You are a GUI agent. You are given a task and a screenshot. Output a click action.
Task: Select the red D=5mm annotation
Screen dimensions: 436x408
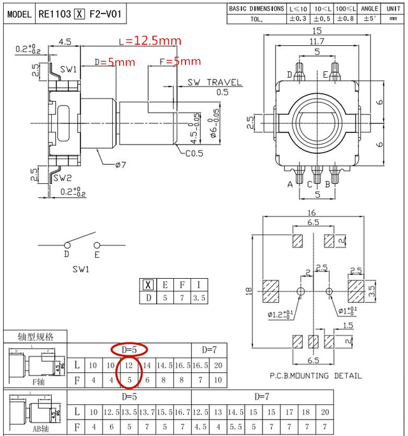(x=115, y=62)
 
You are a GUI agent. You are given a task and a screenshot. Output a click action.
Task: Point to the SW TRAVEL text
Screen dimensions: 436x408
(x=215, y=83)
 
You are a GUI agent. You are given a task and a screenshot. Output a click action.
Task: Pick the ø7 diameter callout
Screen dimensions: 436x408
(x=120, y=165)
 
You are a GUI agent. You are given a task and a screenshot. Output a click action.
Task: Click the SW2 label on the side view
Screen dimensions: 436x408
(x=61, y=178)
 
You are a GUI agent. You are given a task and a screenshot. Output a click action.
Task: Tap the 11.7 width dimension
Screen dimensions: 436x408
(x=316, y=41)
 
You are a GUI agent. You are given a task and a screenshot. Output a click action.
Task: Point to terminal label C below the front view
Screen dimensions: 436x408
(x=309, y=185)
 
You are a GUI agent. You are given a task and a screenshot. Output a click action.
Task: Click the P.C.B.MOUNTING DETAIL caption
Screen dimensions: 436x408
(x=316, y=376)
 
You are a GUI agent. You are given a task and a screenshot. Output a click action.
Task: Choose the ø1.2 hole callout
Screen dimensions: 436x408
(x=280, y=314)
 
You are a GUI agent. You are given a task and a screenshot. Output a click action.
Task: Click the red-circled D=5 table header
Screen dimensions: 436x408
(x=129, y=349)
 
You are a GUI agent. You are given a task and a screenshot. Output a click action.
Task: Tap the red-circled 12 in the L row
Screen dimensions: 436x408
(x=129, y=365)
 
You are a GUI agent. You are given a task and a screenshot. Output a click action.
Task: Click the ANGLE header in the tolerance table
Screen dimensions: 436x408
(x=370, y=9)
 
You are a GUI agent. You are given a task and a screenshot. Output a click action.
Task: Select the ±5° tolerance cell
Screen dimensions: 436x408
(x=370, y=20)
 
